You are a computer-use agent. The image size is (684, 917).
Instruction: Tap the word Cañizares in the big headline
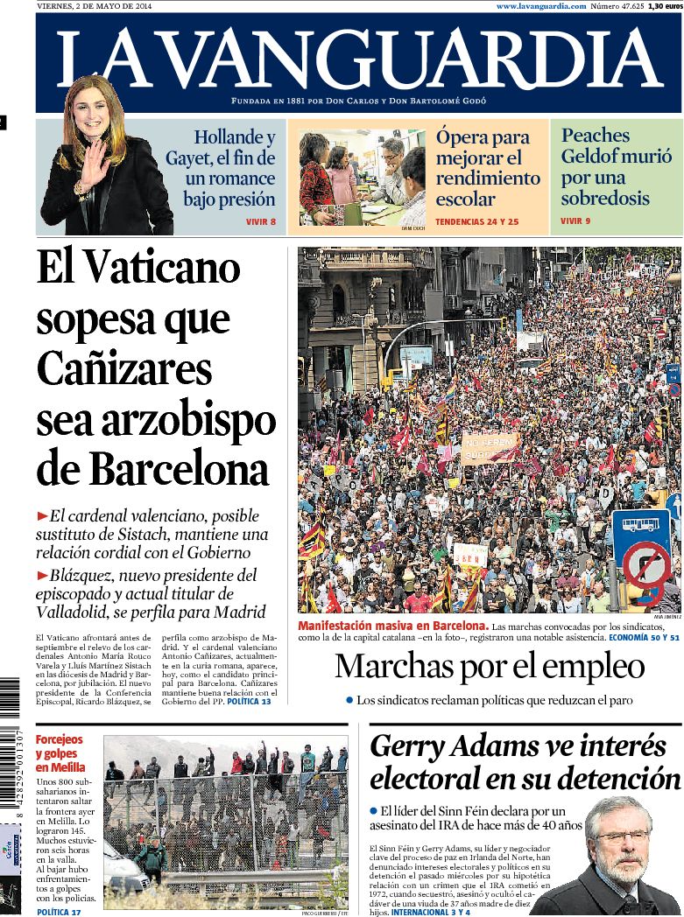coord(124,368)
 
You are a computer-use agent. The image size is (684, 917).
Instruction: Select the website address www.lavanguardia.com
coord(540,6)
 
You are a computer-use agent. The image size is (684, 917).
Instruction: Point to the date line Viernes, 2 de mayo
coord(93,6)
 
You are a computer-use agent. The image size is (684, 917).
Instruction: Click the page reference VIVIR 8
coord(260,222)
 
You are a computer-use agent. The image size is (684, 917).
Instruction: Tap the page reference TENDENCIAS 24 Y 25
coord(476,222)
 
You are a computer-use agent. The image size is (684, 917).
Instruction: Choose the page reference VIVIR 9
coord(575,220)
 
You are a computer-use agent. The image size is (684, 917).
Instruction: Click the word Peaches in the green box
coord(596,136)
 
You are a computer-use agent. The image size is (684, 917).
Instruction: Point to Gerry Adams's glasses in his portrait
coord(621,835)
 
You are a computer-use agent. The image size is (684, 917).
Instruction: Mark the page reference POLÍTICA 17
coord(59,912)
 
